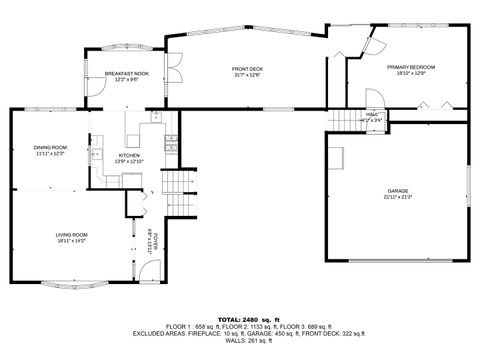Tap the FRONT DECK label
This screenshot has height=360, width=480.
click(246, 68)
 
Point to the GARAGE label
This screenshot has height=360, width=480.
click(398, 190)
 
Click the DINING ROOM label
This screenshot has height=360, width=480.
click(50, 148)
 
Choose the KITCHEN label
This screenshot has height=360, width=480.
click(131, 155)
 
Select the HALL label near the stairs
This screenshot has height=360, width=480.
click(372, 114)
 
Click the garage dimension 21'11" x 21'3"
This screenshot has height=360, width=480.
click(398, 197)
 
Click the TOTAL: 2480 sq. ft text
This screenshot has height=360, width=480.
click(239, 318)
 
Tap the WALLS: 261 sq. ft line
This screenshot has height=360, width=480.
click(239, 340)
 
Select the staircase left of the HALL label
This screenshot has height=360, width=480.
click(343, 117)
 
